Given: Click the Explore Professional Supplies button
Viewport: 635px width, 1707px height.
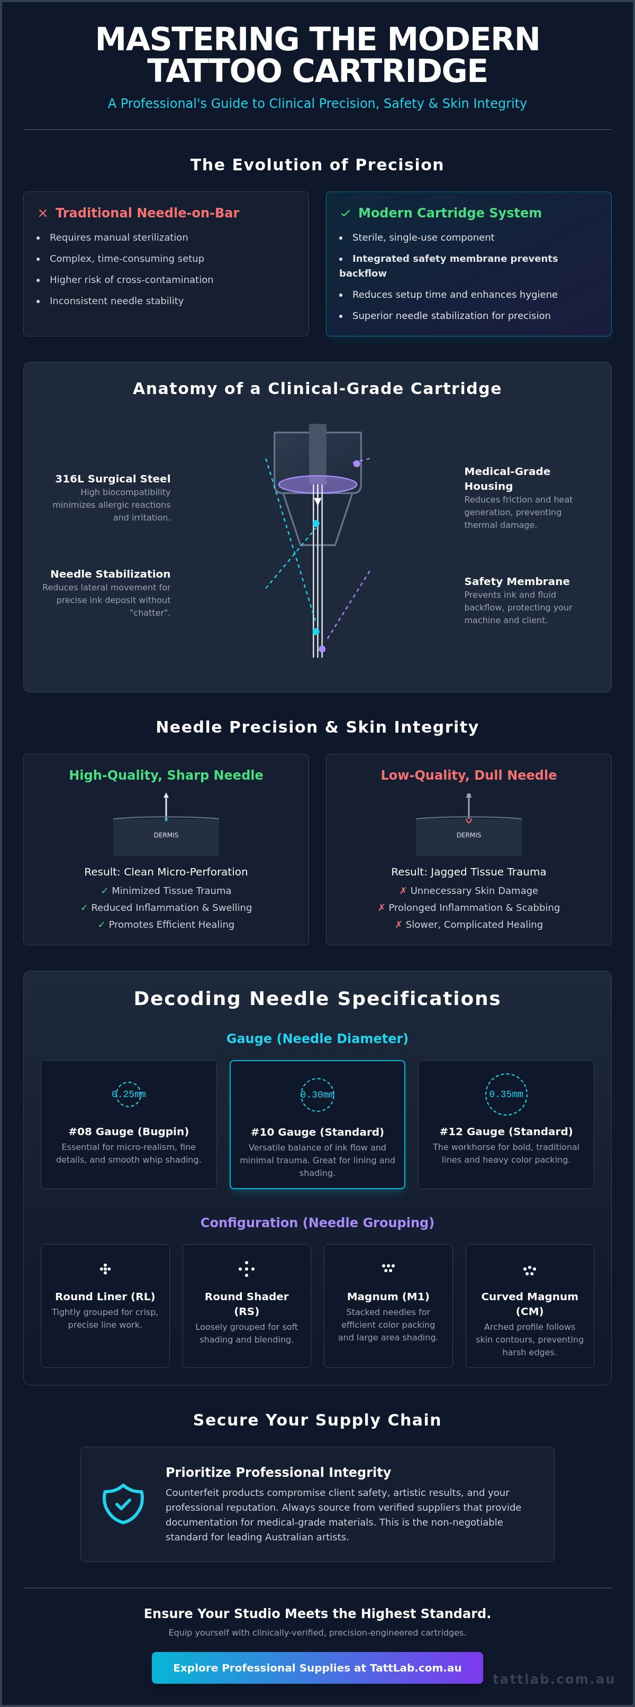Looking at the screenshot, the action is [x=317, y=1667].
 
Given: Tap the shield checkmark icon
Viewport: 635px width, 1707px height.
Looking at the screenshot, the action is [x=123, y=1503].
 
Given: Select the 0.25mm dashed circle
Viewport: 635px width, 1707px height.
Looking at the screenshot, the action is [x=129, y=1094].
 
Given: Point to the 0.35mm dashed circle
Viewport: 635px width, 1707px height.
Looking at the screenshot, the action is [x=506, y=1094].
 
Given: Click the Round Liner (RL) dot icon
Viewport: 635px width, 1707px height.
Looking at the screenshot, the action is [x=105, y=1268].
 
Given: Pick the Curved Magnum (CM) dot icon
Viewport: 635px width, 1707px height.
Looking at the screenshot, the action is [x=529, y=1270].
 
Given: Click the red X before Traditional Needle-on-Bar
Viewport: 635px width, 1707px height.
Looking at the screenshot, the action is [x=42, y=213].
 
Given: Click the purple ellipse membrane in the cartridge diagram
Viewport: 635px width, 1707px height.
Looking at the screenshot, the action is [x=317, y=485].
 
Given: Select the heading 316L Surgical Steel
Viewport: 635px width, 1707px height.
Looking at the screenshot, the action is [x=113, y=478].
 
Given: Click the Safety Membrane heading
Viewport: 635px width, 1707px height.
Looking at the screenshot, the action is [x=517, y=581].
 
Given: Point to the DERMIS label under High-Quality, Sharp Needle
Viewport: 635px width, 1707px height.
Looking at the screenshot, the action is [x=166, y=835].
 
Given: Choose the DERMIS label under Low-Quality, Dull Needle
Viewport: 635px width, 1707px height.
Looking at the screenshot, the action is [x=469, y=835].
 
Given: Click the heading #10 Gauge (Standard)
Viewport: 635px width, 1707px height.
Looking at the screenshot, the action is [x=317, y=1132].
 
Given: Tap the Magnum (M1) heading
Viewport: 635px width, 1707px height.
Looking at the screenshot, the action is [x=388, y=1296].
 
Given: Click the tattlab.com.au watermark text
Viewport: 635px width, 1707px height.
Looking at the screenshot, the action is [x=554, y=1678].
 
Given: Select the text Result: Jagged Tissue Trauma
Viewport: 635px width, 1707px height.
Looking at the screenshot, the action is [x=469, y=872].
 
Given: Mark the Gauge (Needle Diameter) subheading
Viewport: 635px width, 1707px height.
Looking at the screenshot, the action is [x=317, y=1038].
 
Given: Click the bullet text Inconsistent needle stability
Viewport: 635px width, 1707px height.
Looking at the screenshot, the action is [x=116, y=301].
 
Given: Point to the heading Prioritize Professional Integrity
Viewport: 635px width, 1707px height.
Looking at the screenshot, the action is [x=278, y=1473].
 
